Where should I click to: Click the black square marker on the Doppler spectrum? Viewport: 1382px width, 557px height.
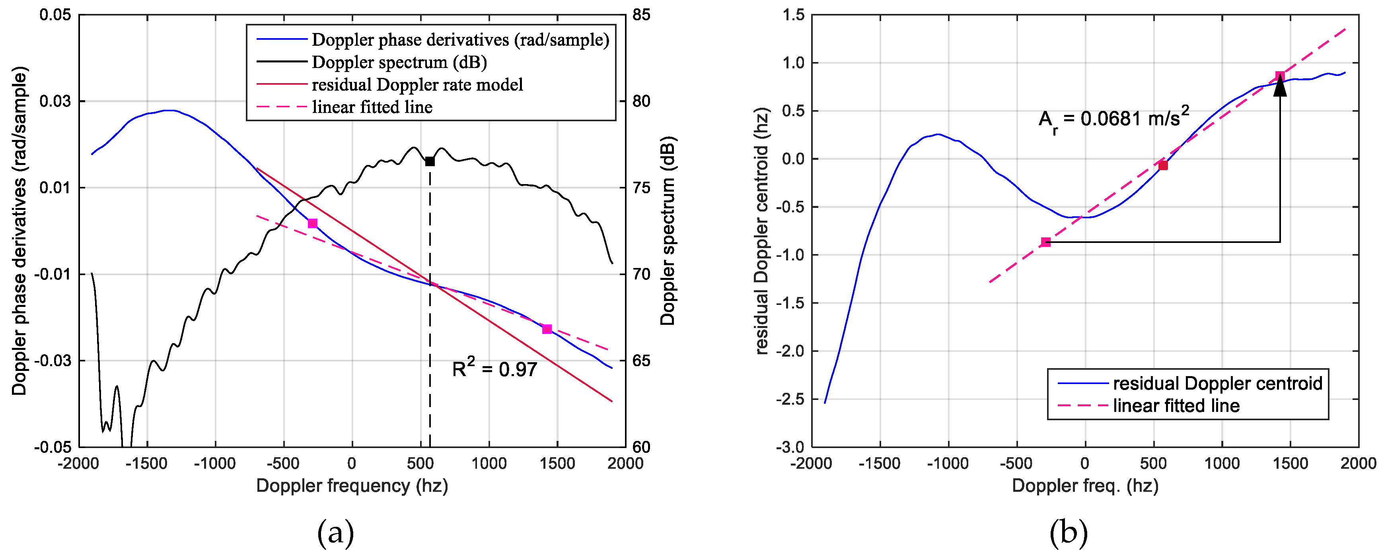(x=430, y=161)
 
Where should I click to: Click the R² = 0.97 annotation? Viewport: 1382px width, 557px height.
(x=494, y=369)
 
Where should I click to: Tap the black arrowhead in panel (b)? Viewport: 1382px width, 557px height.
(x=1280, y=87)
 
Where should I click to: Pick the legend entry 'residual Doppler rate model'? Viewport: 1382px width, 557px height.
(x=417, y=85)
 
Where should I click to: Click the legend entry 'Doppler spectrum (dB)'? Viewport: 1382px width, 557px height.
(x=399, y=62)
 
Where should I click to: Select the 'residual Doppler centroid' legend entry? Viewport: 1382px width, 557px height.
(x=1217, y=383)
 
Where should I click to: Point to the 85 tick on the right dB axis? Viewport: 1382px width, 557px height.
(x=641, y=15)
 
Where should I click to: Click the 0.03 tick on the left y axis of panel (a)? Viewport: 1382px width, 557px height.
(x=55, y=101)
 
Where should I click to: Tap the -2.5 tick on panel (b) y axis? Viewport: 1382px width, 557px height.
(x=790, y=399)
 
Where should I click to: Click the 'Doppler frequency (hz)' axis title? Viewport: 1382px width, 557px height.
(x=352, y=486)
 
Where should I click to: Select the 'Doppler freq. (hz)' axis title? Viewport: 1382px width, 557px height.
(x=1085, y=486)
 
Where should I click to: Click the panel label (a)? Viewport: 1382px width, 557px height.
(x=336, y=533)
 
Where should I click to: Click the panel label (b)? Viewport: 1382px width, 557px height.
(x=1069, y=533)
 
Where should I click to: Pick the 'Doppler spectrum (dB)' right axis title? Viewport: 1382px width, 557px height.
(x=668, y=231)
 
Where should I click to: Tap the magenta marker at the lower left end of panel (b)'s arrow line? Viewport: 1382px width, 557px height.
(x=1045, y=242)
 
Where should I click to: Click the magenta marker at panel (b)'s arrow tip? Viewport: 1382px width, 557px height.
(x=1280, y=76)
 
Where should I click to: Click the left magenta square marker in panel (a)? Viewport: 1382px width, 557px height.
(x=313, y=223)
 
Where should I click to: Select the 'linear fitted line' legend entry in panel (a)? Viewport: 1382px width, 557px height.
(x=372, y=107)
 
